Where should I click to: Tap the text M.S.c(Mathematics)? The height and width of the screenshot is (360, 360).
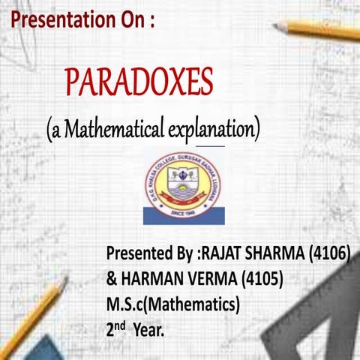click(173, 304)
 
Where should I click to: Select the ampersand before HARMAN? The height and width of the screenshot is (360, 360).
click(112, 279)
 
